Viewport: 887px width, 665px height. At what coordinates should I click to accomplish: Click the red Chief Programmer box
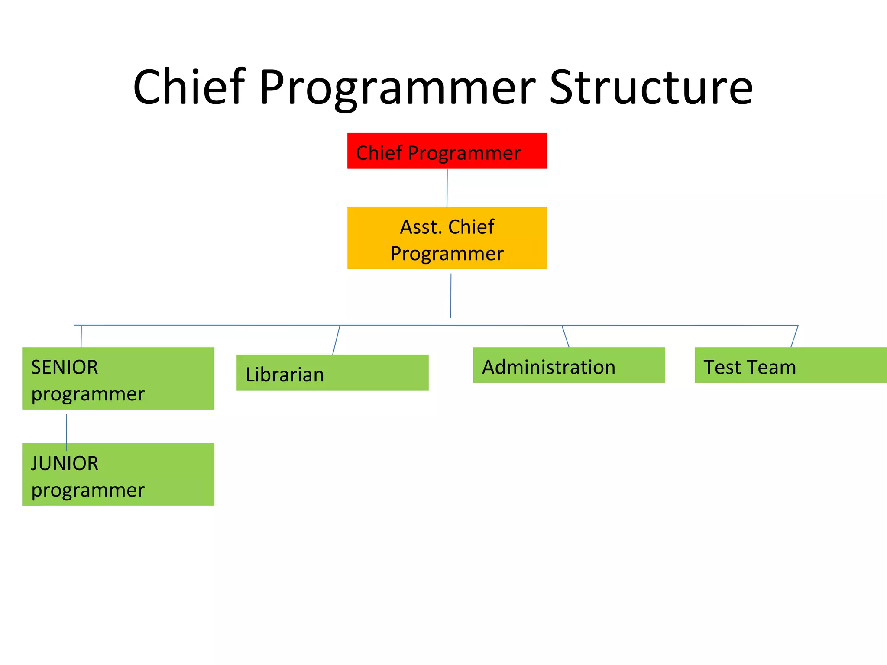[x=447, y=151]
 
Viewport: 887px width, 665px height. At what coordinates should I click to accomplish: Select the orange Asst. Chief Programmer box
[x=447, y=238]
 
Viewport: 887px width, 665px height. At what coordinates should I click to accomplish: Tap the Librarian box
[x=332, y=373]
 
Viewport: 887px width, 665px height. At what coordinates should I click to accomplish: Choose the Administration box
[x=569, y=365]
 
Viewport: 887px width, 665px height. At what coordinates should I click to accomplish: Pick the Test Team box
[x=790, y=365]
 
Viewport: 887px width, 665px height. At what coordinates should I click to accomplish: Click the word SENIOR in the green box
[x=65, y=368]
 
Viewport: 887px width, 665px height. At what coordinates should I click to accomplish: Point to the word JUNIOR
[x=65, y=464]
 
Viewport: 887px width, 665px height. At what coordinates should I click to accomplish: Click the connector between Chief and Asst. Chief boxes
[x=447, y=187]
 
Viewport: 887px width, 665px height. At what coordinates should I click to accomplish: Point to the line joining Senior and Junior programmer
[x=66, y=432]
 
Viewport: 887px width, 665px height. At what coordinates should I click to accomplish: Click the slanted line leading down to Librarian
[x=336, y=340]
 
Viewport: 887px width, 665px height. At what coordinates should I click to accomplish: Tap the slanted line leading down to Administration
[x=565, y=336]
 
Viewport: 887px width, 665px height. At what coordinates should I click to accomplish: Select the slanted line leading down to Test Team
[x=794, y=336]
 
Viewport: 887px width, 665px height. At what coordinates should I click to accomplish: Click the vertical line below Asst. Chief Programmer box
[x=450, y=296]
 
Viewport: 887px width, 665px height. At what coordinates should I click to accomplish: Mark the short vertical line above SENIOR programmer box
[x=81, y=336]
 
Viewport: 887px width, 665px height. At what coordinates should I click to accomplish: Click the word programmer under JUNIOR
[x=88, y=491]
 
